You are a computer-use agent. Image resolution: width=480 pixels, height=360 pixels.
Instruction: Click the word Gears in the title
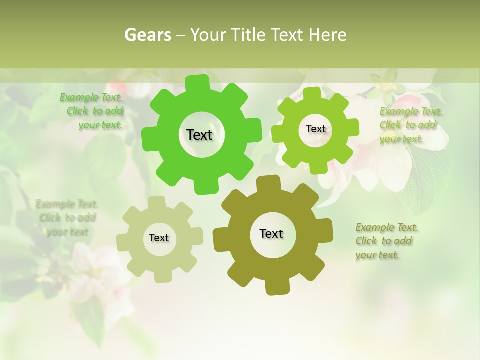pyautogui.click(x=147, y=35)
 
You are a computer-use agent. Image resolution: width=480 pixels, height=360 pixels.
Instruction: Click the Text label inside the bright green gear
pyautogui.click(x=199, y=135)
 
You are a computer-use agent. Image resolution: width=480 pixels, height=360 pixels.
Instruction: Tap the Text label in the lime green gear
pyautogui.click(x=315, y=129)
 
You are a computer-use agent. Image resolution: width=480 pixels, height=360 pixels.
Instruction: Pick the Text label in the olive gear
pyautogui.click(x=271, y=233)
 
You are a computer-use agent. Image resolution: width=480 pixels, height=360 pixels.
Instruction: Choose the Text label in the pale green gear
pyautogui.click(x=159, y=238)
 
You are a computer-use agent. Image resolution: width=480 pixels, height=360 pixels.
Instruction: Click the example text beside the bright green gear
pyautogui.click(x=94, y=111)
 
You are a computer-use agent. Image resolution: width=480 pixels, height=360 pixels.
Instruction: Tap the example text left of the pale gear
pyautogui.click(x=67, y=218)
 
